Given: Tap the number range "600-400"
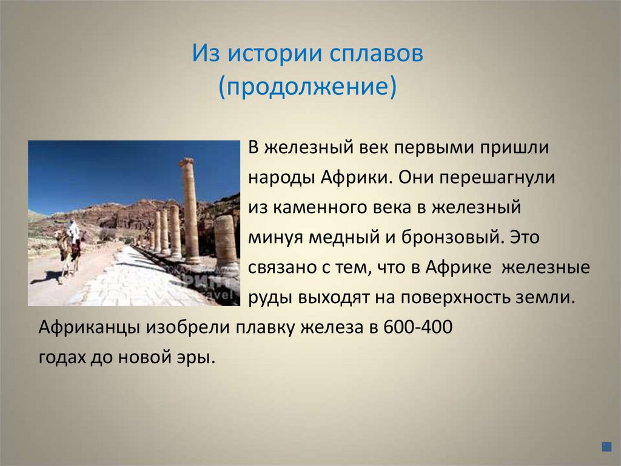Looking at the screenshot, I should [418, 327].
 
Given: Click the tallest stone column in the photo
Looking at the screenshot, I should [190, 210].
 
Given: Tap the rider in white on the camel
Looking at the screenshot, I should [73, 231].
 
